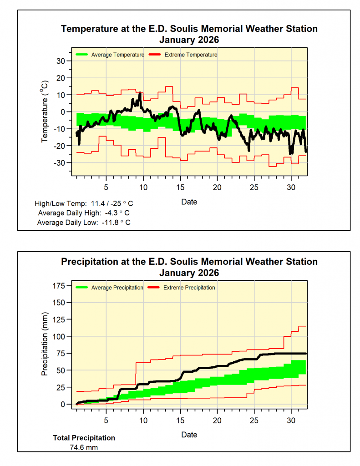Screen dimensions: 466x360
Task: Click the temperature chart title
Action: (189, 34)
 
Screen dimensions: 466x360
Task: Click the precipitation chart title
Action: (189, 267)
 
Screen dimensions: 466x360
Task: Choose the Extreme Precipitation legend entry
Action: (189, 288)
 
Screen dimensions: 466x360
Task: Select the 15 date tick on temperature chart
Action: (180, 187)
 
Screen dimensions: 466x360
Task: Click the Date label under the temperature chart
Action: (189, 202)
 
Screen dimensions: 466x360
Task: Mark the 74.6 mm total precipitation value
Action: (84, 447)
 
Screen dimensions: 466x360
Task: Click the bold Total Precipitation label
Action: (84, 438)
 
